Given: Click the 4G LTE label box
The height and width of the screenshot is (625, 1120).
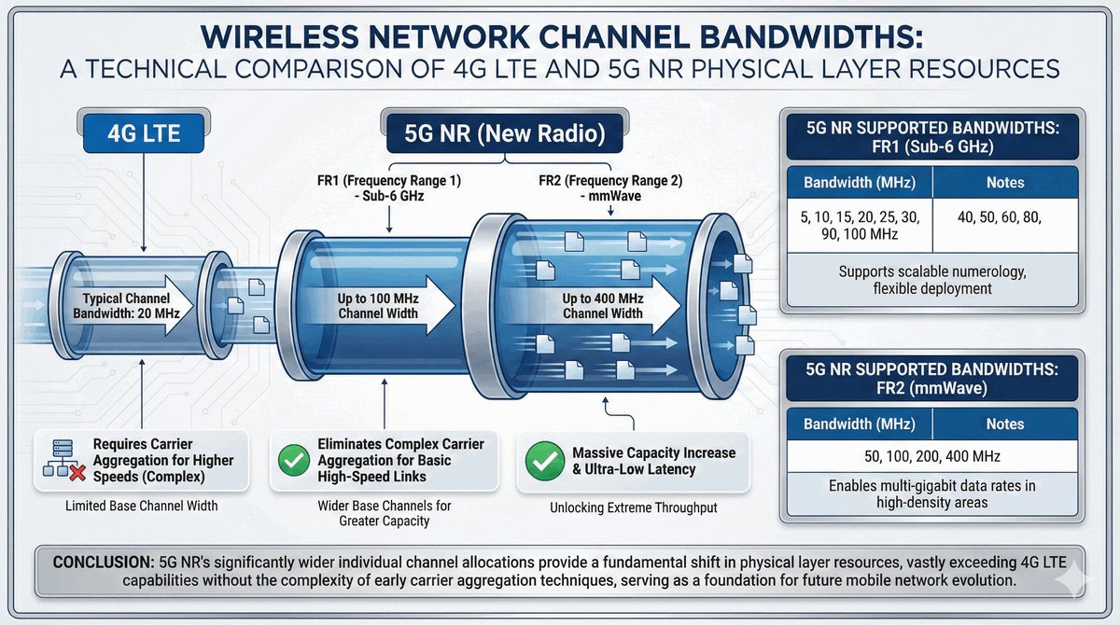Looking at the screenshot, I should pos(143,133).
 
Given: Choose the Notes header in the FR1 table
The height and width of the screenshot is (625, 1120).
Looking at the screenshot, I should pos(1003,182).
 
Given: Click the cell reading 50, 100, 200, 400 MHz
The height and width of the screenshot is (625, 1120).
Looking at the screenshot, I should pos(932,457).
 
